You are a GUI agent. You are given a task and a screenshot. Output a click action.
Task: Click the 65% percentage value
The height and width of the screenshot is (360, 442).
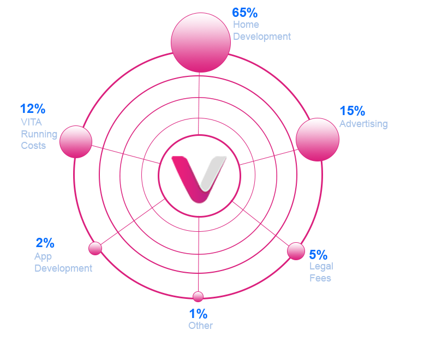[244, 13]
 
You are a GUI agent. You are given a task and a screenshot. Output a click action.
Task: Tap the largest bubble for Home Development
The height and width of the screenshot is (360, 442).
[201, 42]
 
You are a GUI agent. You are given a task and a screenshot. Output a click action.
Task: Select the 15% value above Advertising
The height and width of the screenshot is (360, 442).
[353, 111]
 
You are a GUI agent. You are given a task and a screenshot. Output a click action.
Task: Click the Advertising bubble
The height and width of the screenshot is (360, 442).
[318, 140]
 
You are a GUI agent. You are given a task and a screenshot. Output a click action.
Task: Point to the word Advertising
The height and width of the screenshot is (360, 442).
[363, 124]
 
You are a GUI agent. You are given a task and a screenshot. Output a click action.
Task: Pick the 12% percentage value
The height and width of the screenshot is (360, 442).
[33, 109]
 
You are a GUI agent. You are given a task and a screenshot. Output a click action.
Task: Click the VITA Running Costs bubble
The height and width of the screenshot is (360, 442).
[76, 142]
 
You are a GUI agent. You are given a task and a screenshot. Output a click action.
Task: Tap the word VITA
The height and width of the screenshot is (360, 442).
[31, 122]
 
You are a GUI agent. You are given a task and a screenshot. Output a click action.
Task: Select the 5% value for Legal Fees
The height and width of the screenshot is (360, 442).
[318, 255]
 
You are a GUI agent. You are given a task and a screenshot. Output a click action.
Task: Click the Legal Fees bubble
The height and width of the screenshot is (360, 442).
[296, 251]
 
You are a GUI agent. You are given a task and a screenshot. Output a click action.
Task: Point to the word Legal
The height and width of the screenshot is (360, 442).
[321, 267]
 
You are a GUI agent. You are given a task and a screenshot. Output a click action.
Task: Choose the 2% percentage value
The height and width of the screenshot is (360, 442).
[45, 243]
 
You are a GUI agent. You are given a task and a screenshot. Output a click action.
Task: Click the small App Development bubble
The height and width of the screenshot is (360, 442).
[95, 248]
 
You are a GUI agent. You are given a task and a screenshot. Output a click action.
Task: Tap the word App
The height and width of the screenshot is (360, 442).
[43, 256]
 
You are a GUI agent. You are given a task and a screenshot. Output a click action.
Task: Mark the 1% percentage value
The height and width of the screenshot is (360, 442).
[198, 314]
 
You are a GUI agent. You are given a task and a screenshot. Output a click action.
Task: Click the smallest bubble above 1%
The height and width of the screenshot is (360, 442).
[198, 297]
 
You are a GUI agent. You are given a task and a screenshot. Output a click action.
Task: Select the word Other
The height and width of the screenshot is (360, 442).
[200, 325]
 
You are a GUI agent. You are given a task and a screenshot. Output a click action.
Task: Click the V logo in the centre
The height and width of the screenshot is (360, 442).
[199, 179]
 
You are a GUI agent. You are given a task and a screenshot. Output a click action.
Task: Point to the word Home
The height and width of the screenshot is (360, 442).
[246, 25]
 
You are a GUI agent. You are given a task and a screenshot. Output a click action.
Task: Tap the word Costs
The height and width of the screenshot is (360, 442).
[33, 146]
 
